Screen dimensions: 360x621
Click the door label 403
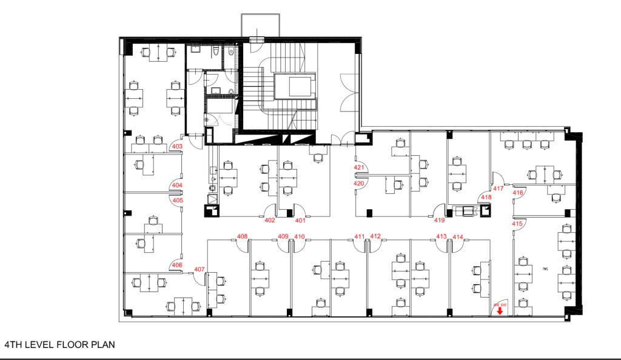pyautogui.click(x=178, y=147)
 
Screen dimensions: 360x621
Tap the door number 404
pyautogui.click(x=178, y=185)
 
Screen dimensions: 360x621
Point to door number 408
pyautogui.click(x=242, y=236)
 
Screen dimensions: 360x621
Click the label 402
pyautogui.click(x=270, y=221)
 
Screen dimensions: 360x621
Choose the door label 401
pyautogui.click(x=300, y=221)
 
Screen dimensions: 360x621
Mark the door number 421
pyautogui.click(x=358, y=167)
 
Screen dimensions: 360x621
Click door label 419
pyautogui.click(x=440, y=221)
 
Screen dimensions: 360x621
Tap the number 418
pyautogui.click(x=486, y=198)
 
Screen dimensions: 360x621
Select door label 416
pyautogui.click(x=518, y=193)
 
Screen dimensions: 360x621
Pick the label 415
pyautogui.click(x=517, y=224)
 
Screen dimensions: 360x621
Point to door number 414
pyautogui.click(x=458, y=236)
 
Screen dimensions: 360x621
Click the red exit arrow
pyautogui.click(x=499, y=312)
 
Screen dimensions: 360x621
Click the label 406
pyautogui.click(x=177, y=265)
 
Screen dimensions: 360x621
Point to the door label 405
pyautogui.click(x=178, y=200)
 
